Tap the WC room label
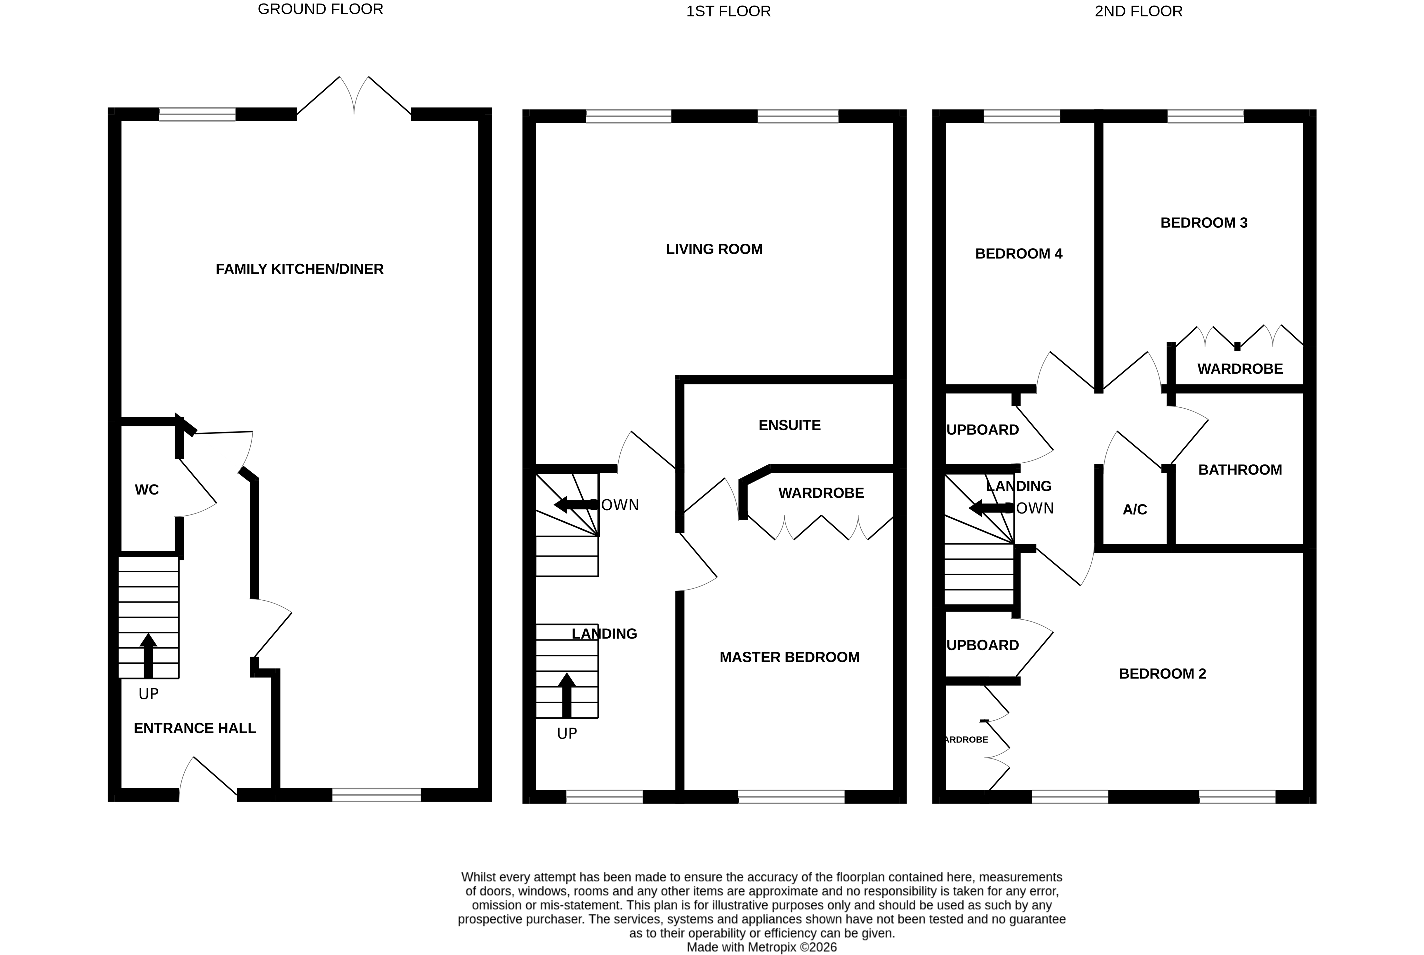146,490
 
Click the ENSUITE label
789,425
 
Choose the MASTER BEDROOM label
789,657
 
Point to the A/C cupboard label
1134,510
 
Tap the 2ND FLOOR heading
1138,11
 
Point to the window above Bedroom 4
1022,116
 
